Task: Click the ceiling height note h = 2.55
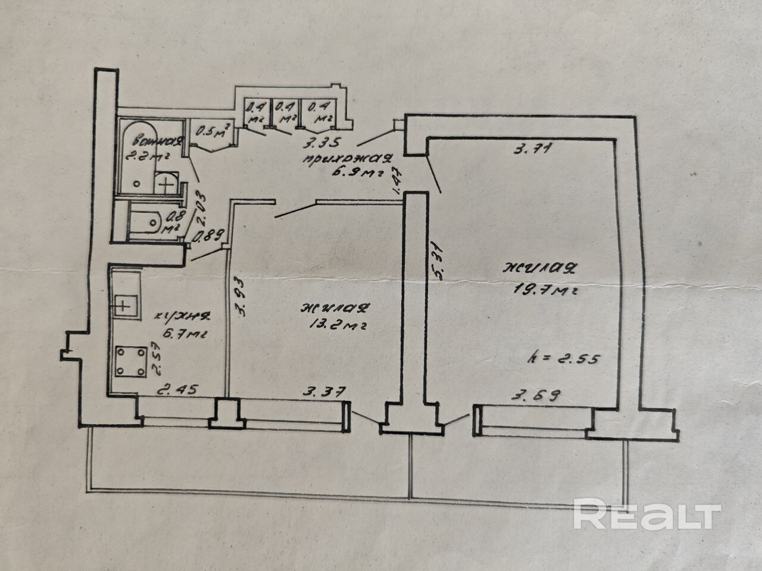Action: pyautogui.click(x=563, y=359)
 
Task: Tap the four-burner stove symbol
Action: pyautogui.click(x=130, y=362)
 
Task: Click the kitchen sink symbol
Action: pyautogui.click(x=123, y=306)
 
